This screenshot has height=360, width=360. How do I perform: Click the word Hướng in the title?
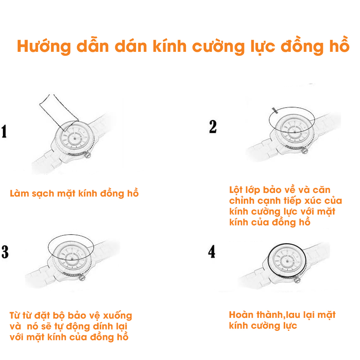(44, 46)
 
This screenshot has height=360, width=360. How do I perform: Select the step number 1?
(4, 131)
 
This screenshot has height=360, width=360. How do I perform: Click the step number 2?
(213, 126)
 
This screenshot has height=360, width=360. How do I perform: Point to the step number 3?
(5, 252)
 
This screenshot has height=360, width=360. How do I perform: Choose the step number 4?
(212, 252)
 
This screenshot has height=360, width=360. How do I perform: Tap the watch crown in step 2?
(305, 151)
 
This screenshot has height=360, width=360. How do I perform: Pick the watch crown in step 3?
(82, 278)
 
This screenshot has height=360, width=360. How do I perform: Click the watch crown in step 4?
(297, 280)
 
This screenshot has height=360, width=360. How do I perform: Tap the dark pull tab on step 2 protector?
(275, 111)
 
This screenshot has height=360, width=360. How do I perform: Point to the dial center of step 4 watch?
(287, 261)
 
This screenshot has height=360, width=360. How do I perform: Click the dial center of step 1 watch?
(75, 139)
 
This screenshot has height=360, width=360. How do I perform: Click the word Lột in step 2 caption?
(236, 190)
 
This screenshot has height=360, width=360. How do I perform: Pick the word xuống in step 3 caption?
(118, 316)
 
